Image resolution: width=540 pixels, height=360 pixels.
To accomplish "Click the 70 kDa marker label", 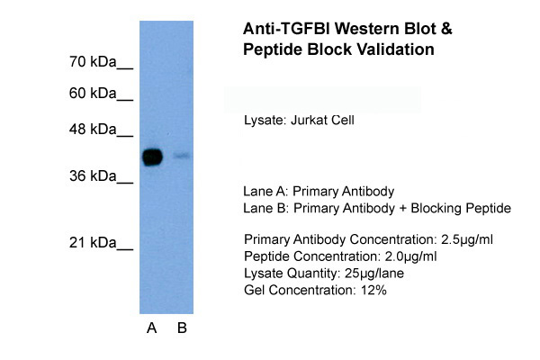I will (x=101, y=63).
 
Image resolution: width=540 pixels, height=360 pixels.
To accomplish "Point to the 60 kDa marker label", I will (x=101, y=94).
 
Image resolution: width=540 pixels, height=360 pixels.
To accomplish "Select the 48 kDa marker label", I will (x=101, y=130).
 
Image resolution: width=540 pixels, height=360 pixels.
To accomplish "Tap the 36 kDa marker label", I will (x=101, y=176).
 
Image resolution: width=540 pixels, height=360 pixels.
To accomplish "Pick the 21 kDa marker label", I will (x=101, y=243).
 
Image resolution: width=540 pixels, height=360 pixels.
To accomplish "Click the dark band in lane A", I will (x=152, y=157).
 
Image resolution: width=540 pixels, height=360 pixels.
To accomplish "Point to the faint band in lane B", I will (x=182, y=156).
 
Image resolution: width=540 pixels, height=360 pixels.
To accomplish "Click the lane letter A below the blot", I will (x=152, y=328).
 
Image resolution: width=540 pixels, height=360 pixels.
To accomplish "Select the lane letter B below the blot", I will (x=182, y=328).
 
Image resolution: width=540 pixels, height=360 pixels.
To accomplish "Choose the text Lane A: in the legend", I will (x=265, y=192).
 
